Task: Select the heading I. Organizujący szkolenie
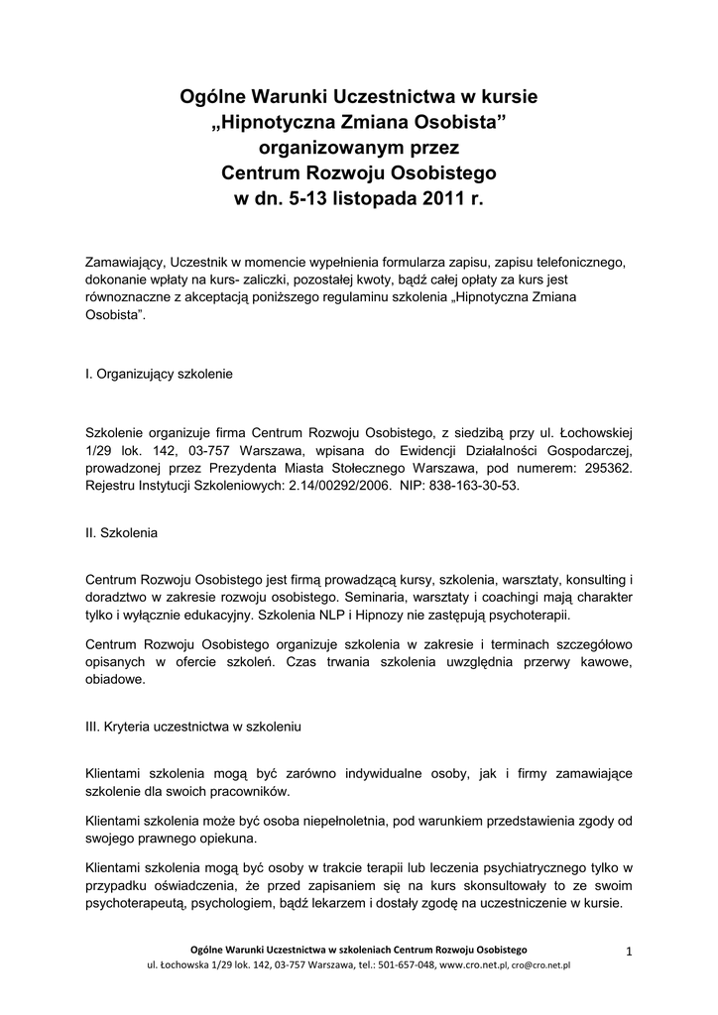pos(160,376)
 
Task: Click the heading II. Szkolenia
pos(122,532)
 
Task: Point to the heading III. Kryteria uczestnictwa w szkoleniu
pos(194,726)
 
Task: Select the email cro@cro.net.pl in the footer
pos(541,965)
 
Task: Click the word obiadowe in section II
pos(115,680)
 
